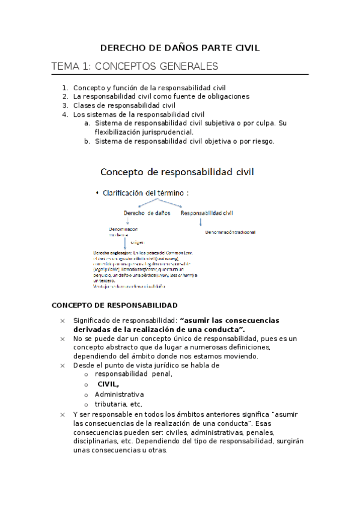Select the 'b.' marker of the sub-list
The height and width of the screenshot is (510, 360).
coord(88,141)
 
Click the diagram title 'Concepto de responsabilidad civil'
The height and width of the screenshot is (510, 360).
coord(177,172)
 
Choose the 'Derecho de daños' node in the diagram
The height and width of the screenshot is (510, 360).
coord(147,213)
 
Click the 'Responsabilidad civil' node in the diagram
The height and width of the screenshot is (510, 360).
coord(207,213)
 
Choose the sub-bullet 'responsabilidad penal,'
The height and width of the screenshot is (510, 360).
coord(133,373)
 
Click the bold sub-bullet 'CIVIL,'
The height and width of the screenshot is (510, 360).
coord(108,384)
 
